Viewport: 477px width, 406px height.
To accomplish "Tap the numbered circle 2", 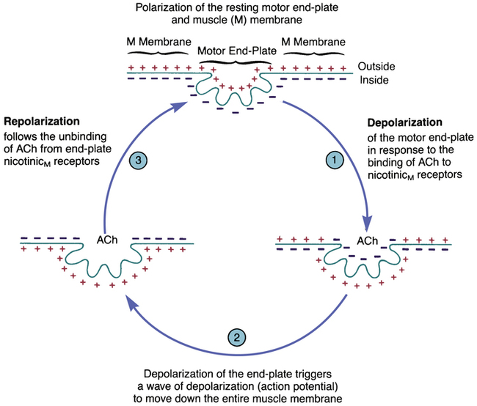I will [236, 338].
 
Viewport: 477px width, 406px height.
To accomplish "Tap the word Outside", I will [381, 65].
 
